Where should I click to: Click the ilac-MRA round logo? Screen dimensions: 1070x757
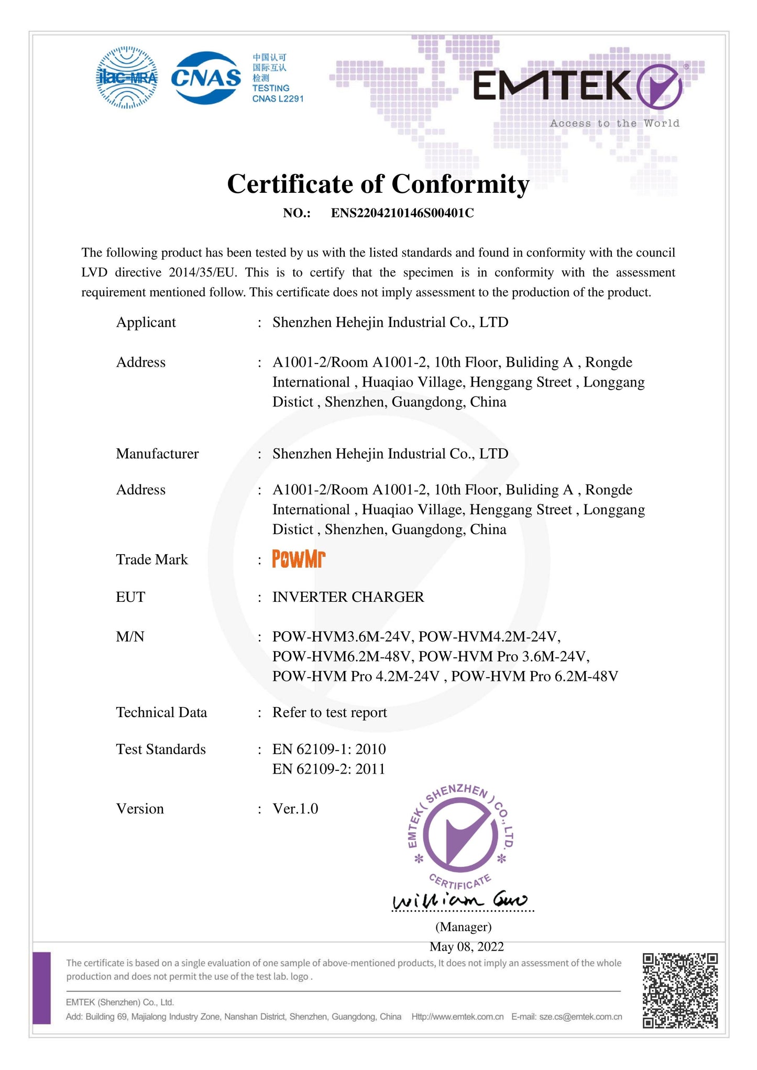click(x=127, y=78)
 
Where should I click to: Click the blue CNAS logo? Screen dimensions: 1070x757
click(x=206, y=78)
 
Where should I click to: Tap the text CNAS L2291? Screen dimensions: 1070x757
click(x=278, y=99)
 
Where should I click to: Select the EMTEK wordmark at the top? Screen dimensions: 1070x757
click(x=553, y=86)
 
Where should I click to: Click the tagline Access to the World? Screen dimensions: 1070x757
click(x=614, y=124)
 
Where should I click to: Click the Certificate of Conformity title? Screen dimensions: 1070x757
click(x=378, y=184)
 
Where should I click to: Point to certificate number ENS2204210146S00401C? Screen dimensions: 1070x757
click(x=402, y=213)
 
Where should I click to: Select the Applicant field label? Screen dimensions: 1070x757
click(x=146, y=322)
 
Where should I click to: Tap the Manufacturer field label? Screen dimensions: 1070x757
click(x=157, y=454)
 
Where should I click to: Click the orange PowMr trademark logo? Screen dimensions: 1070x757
click(x=299, y=559)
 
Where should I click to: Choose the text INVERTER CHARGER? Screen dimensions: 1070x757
click(x=348, y=597)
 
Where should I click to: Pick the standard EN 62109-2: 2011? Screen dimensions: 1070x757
click(x=328, y=769)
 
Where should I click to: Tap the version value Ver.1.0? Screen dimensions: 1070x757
click(x=295, y=809)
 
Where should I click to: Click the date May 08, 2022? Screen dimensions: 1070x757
click(x=466, y=946)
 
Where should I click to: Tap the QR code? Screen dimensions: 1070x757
click(x=680, y=990)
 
